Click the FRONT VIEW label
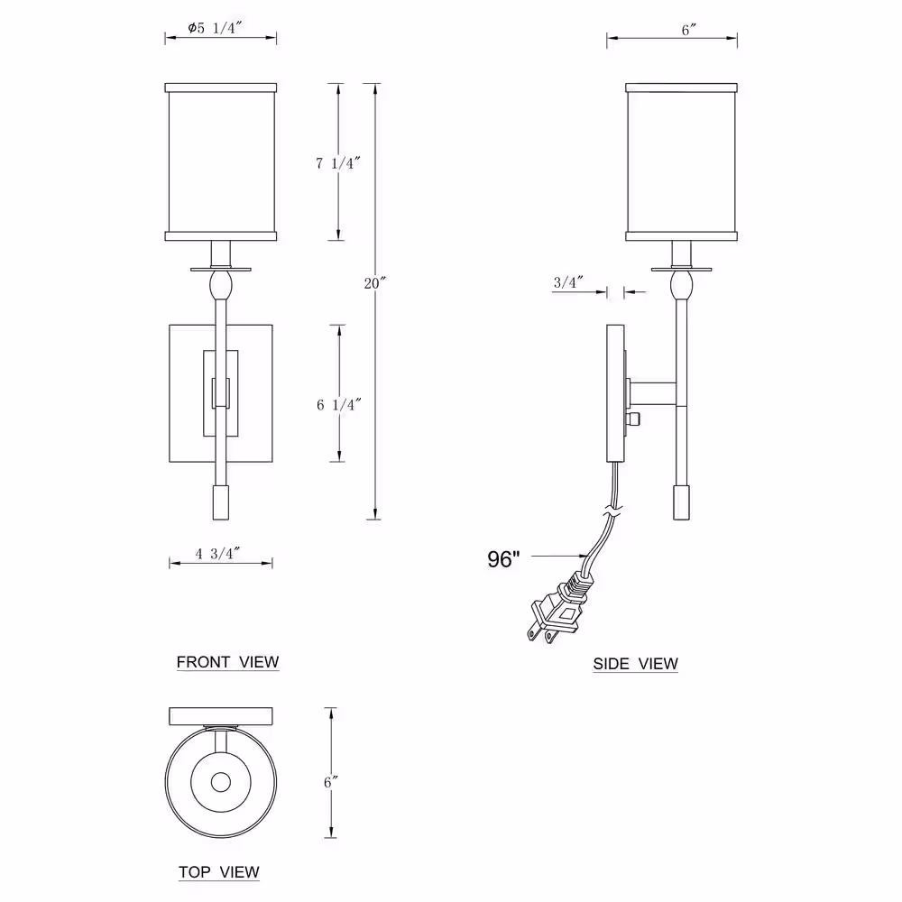point(227,662)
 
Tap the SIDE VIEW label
point(635,664)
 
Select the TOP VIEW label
point(218,872)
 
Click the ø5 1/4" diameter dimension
point(216,28)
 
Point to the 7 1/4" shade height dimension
point(337,163)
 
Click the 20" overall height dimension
point(375,283)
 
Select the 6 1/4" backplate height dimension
point(339,405)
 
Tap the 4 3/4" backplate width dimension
point(217,554)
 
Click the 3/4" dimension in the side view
point(568,282)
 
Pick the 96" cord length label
point(503,559)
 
